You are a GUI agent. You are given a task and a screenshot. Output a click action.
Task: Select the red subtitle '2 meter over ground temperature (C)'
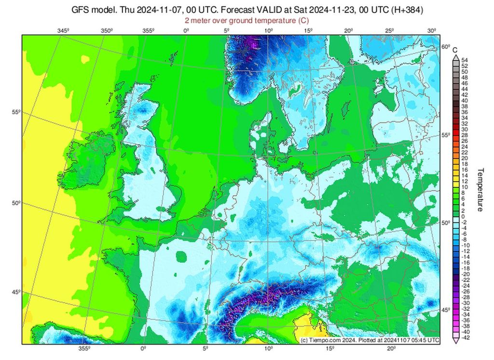[247, 20]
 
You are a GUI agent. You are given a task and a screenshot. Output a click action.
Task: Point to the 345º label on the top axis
[63, 31]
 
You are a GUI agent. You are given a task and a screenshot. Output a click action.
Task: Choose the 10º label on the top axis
[269, 31]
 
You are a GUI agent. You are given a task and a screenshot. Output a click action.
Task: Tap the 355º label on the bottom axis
[84, 348]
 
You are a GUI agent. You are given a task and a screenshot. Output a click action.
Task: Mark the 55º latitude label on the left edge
[15, 112]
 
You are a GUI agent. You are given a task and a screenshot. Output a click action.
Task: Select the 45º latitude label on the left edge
[15, 291]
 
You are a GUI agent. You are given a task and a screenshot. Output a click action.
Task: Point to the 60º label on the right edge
[445, 47]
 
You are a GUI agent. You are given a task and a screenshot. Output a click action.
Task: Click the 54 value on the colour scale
[464, 60]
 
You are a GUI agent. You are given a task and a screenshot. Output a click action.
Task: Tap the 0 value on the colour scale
[463, 216]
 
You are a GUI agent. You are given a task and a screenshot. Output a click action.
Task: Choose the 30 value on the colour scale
[464, 129]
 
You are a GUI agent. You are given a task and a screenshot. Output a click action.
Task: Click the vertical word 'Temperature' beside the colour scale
[480, 190]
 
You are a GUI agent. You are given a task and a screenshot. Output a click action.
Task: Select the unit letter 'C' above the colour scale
[454, 49]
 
